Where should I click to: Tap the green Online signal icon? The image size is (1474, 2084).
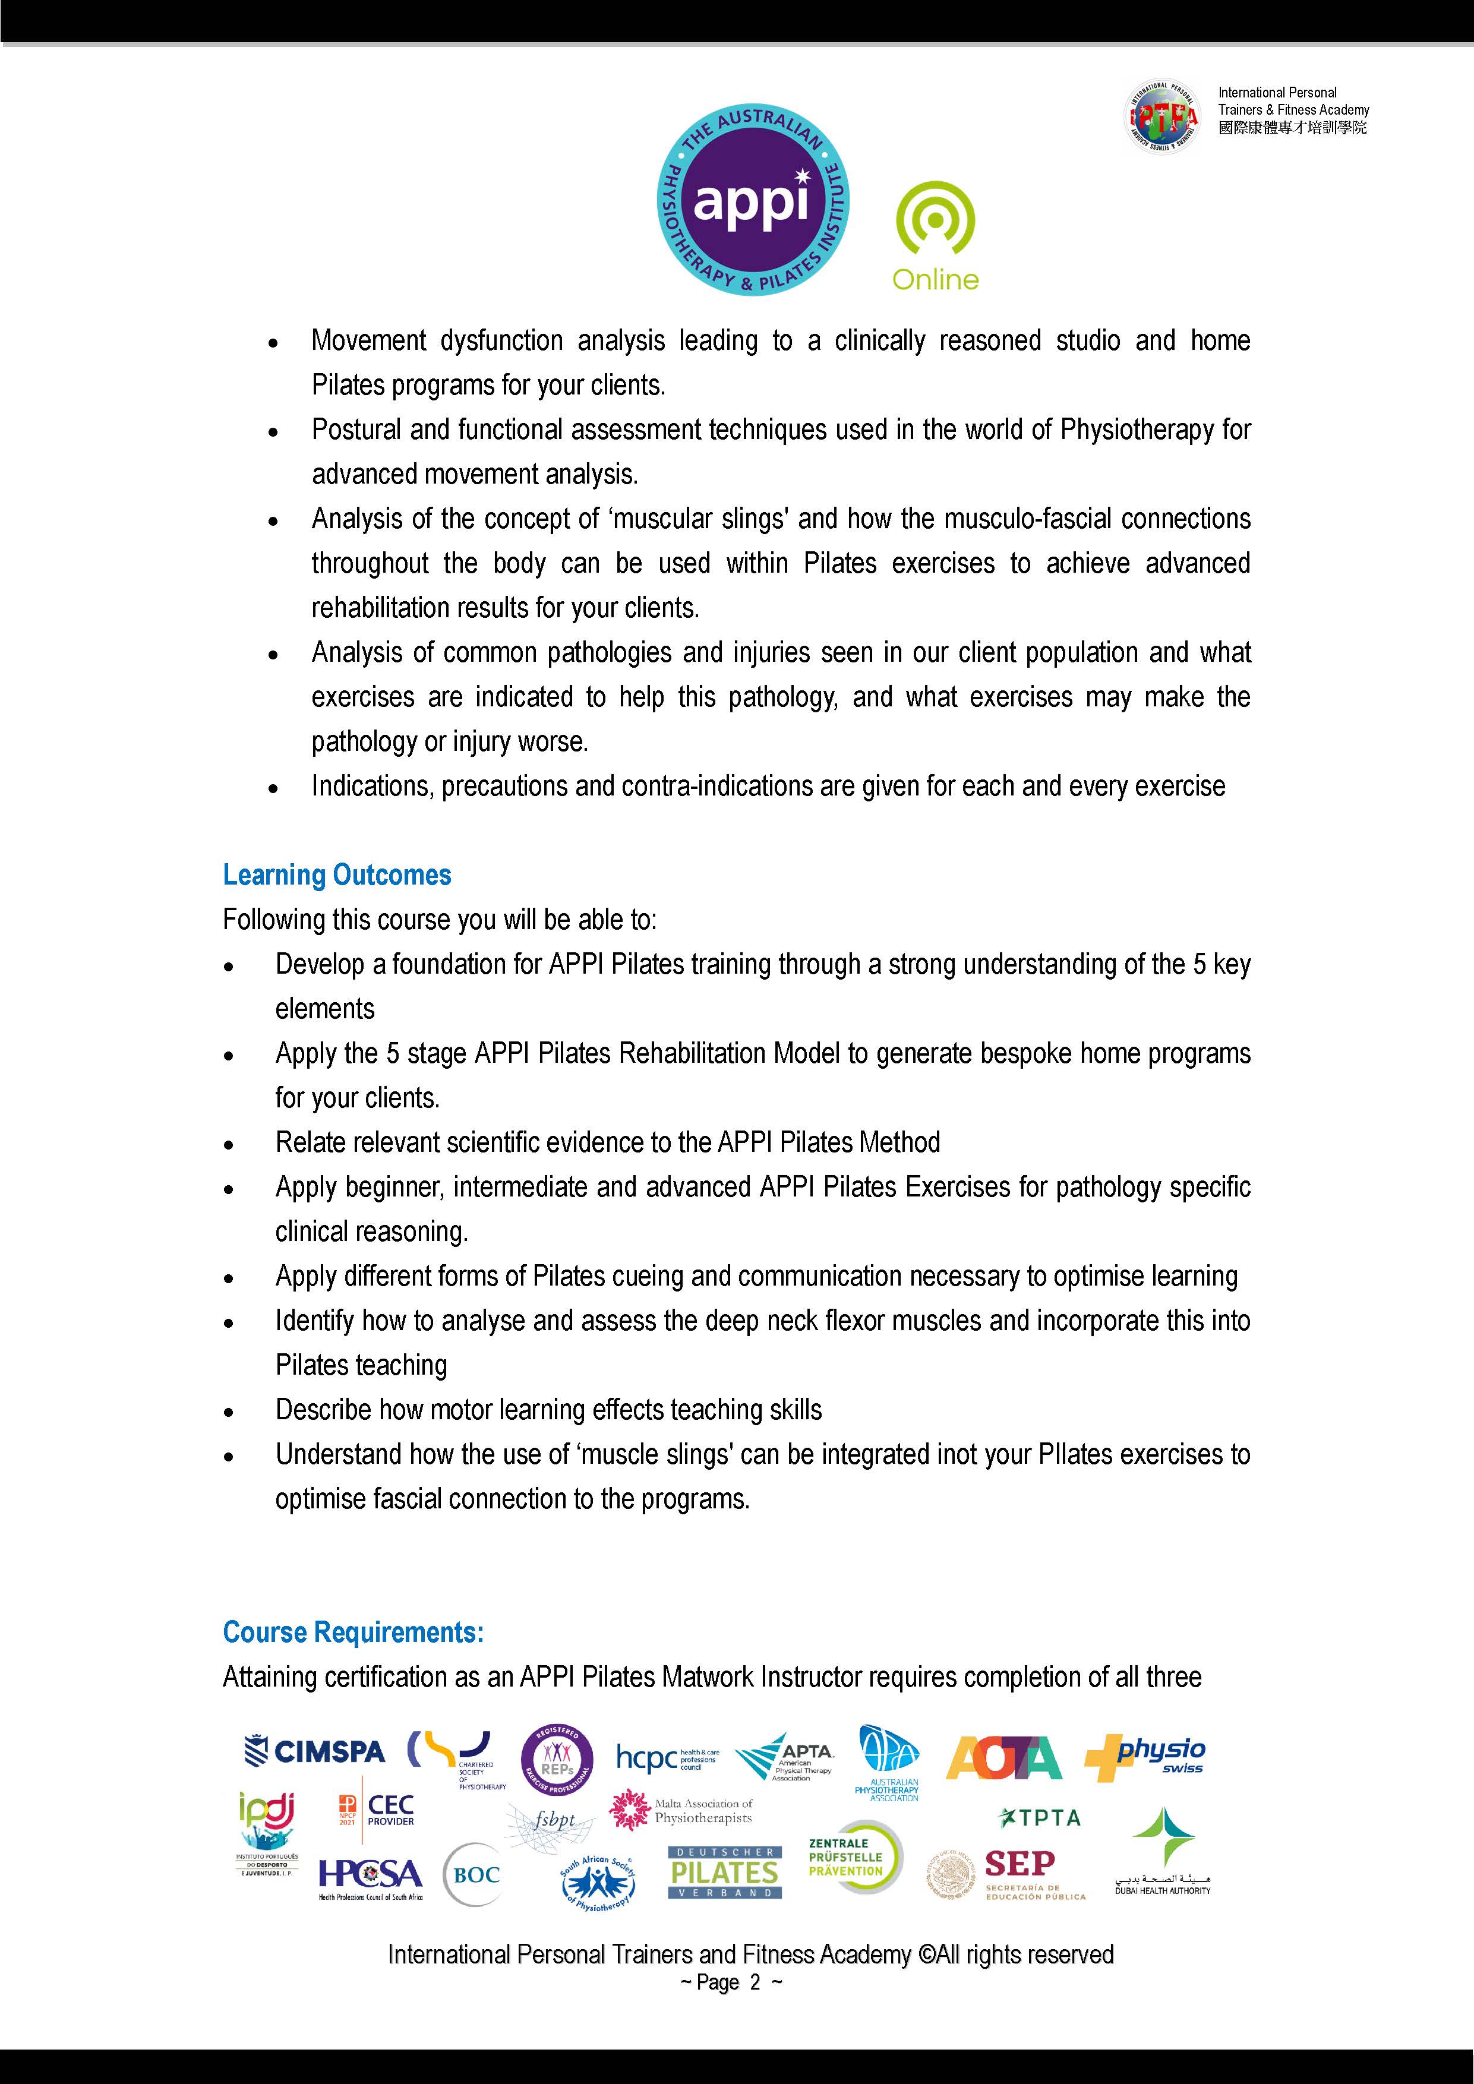pyautogui.click(x=935, y=222)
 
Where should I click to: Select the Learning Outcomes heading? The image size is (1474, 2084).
pyautogui.click(x=337, y=875)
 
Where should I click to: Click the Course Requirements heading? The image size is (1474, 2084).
pyautogui.click(x=353, y=1632)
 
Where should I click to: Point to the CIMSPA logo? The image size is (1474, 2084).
pyautogui.click(x=315, y=1751)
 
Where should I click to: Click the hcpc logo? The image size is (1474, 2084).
pyautogui.click(x=665, y=1758)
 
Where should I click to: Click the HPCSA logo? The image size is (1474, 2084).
pyautogui.click(x=370, y=1875)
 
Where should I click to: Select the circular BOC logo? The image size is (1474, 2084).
pyautogui.click(x=476, y=1874)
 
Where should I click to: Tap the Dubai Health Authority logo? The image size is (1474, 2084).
pyautogui.click(x=1163, y=1852)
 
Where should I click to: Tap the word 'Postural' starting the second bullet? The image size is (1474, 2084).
pyautogui.click(x=356, y=430)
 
